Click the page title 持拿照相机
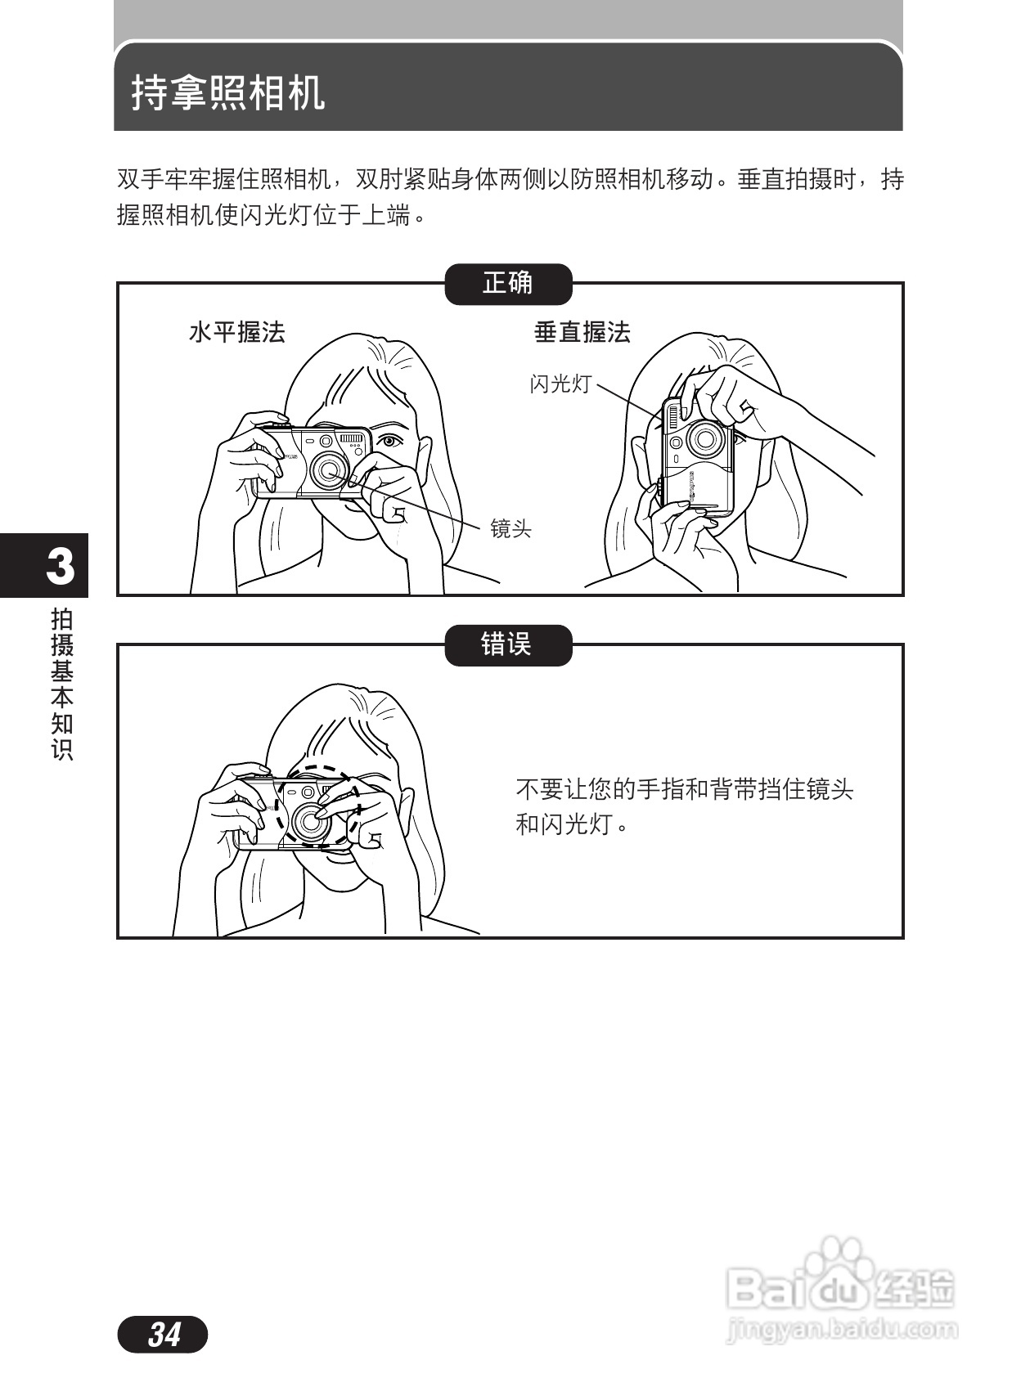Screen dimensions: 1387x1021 (228, 92)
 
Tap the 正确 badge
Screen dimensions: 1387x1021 (507, 284)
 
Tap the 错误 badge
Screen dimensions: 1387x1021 (507, 644)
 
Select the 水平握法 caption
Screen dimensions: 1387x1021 (236, 332)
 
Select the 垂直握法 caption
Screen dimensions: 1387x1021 (582, 332)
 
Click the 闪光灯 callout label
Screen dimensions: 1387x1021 (560, 384)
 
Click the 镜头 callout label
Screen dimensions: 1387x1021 (510, 529)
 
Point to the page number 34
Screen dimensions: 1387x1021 (164, 1334)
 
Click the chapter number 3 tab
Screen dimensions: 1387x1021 (59, 566)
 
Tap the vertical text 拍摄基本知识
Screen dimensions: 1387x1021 (62, 684)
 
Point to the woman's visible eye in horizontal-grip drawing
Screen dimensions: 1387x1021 (390, 441)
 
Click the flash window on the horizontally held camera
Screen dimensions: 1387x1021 (353, 438)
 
